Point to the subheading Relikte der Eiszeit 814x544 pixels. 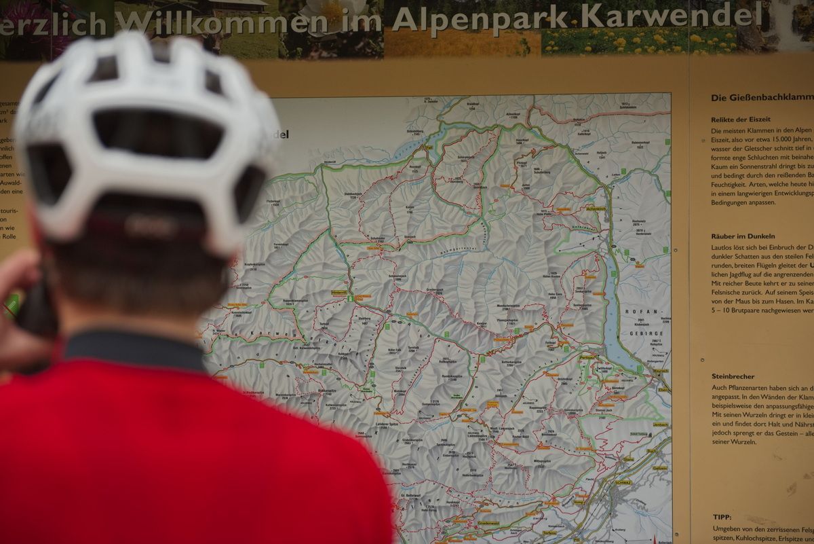click(741, 120)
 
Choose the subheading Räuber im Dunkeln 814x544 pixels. click(743, 236)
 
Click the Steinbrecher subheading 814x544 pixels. click(733, 376)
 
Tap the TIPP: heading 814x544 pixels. click(722, 517)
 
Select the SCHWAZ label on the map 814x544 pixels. click(623, 482)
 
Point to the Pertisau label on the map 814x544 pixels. click(587, 356)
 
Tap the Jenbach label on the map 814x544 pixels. click(660, 424)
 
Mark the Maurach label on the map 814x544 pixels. click(660, 371)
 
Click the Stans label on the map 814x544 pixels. click(628, 460)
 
